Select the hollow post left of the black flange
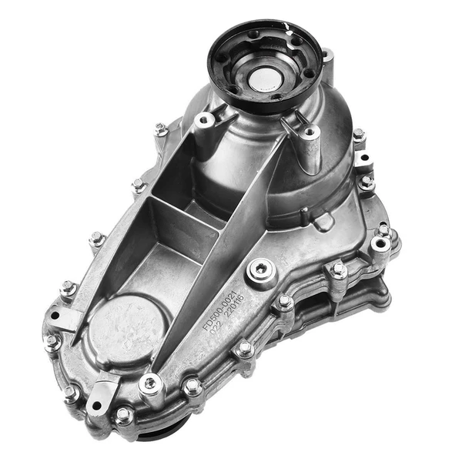[205, 123]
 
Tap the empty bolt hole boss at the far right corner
[380, 245]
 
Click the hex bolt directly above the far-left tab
[67, 289]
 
